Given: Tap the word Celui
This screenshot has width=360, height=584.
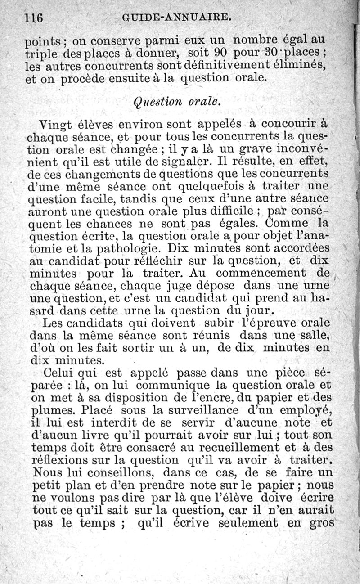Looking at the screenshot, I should pos(58,373).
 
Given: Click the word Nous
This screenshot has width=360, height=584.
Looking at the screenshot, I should pos(48,472).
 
